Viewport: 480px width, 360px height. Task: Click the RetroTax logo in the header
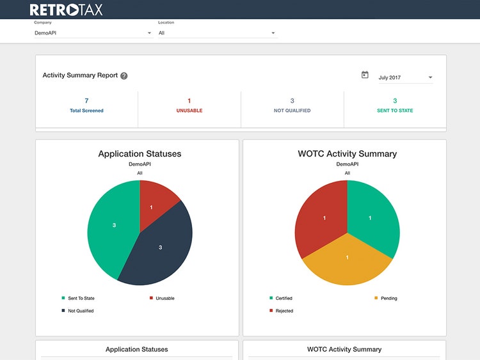pos(66,10)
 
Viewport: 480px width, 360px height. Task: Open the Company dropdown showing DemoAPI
pos(93,33)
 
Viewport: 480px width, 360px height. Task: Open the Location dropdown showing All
pos(218,33)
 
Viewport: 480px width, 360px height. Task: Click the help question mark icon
pos(124,76)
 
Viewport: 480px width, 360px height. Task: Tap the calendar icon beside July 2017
pos(365,75)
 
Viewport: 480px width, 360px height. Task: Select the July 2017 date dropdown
pos(406,77)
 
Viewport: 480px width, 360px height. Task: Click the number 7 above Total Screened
pos(86,100)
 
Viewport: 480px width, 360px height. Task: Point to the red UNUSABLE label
pos(189,111)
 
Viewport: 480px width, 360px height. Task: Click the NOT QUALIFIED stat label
pos(292,111)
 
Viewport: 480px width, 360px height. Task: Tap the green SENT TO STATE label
pos(395,111)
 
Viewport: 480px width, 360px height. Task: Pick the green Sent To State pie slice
pos(113,226)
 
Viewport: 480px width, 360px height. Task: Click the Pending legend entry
pos(386,298)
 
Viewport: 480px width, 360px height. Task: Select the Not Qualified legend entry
pos(77,311)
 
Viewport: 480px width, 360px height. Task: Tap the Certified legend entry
pos(281,298)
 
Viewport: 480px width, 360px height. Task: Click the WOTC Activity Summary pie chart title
pos(347,153)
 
